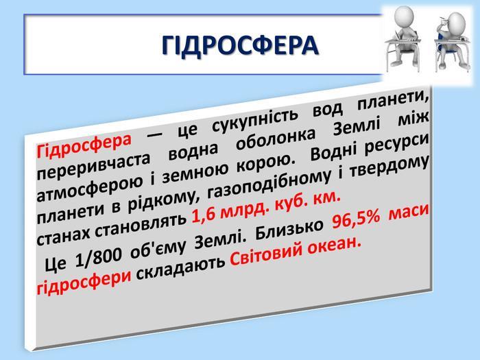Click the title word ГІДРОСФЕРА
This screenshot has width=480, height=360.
pyautogui.click(x=240, y=45)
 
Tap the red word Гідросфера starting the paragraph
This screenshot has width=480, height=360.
pyautogui.click(x=84, y=145)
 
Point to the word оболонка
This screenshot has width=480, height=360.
pyautogui.click(x=276, y=140)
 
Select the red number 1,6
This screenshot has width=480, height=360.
pyautogui.click(x=203, y=216)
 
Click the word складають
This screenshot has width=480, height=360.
pyautogui.click(x=180, y=266)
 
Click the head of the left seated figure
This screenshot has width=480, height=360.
pyautogui.click(x=405, y=17)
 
